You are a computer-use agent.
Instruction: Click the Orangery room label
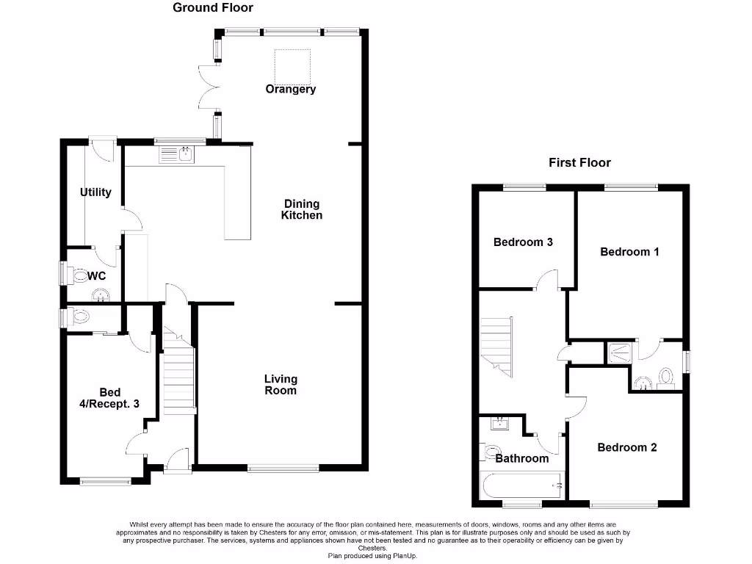[x=291, y=89]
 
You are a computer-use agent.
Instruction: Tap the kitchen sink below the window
[x=176, y=154]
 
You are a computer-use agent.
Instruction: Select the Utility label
[x=95, y=192]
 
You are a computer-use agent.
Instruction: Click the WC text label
[x=97, y=277]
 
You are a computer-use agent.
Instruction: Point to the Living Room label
[x=281, y=384]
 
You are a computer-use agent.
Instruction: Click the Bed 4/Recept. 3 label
[x=109, y=397]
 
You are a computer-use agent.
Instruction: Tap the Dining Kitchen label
[x=301, y=209]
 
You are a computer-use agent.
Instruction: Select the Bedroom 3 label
[x=523, y=242]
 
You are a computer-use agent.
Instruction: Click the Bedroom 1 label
[x=629, y=251]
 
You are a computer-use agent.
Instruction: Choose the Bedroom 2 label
[x=626, y=447]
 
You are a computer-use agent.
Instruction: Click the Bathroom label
[x=521, y=458]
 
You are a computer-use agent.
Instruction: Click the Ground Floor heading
[x=213, y=8]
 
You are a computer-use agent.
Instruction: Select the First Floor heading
[x=579, y=162]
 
